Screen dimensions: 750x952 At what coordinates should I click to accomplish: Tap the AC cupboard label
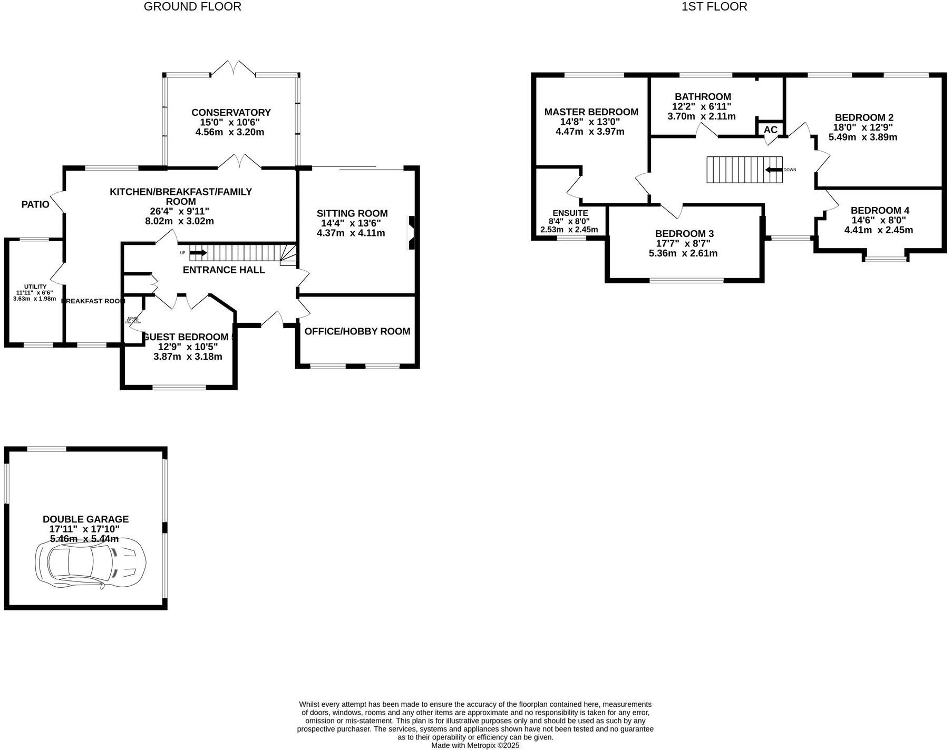[x=770, y=130]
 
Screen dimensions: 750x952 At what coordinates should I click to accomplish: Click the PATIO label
[x=35, y=204]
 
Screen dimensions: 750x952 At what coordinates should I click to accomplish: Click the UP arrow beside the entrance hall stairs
[x=198, y=253]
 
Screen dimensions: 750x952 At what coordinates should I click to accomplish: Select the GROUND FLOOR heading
[x=192, y=7]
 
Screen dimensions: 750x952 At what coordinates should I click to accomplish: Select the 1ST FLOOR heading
[x=714, y=7]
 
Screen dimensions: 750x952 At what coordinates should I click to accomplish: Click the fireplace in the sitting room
[x=411, y=232]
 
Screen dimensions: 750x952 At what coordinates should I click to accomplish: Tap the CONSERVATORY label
[x=231, y=113]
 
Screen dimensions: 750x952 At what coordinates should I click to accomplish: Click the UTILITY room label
[x=35, y=287]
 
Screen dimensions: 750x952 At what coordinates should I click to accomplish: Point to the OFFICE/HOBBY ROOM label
[x=357, y=331]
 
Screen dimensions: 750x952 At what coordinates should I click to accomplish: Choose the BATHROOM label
[x=703, y=97]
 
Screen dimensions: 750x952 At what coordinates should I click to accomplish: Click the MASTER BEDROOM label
[x=591, y=112]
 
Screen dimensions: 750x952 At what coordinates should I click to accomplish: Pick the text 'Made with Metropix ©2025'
[x=475, y=745]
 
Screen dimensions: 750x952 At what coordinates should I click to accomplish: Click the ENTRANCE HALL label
[x=224, y=270]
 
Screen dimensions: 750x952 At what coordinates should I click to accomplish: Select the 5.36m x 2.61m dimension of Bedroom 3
[x=683, y=253]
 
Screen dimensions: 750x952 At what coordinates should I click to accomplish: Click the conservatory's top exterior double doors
[x=233, y=68]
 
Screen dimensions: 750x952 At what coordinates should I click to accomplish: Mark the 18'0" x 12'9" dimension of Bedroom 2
[x=863, y=127]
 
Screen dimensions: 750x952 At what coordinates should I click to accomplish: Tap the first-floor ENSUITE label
[x=570, y=213]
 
